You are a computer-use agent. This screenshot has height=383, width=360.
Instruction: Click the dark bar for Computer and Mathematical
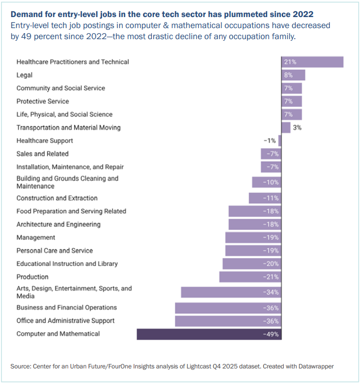click(x=209, y=334)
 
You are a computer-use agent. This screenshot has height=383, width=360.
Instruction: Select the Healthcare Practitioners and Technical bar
click(x=312, y=62)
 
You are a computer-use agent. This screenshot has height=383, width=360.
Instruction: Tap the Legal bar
click(x=293, y=75)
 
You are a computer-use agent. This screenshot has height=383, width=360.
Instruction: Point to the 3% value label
click(x=297, y=127)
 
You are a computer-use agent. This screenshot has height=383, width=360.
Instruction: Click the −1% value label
click(x=270, y=141)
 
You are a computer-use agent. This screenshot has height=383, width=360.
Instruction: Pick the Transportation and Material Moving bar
click(x=286, y=127)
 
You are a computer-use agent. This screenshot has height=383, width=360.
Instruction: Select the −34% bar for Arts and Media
click(x=231, y=292)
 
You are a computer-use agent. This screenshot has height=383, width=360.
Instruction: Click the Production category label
click(x=33, y=277)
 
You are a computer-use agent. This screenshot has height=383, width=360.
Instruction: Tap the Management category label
click(x=36, y=237)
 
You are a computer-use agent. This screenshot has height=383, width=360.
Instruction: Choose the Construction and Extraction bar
click(x=265, y=198)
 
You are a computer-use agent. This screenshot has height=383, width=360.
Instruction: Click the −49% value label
click(x=271, y=334)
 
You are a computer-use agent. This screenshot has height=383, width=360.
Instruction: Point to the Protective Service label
click(x=43, y=101)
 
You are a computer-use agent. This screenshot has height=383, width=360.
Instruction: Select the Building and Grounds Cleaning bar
click(x=267, y=182)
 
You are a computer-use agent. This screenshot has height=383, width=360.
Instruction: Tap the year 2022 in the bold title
click(x=303, y=15)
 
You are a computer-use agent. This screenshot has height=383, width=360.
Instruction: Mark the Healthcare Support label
click(x=45, y=141)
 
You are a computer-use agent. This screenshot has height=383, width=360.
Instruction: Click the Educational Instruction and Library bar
click(x=252, y=264)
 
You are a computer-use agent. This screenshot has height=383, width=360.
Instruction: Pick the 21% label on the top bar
click(x=290, y=62)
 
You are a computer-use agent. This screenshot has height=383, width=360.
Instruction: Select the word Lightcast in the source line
click(x=198, y=366)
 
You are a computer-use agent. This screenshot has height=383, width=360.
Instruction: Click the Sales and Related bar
click(x=271, y=154)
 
